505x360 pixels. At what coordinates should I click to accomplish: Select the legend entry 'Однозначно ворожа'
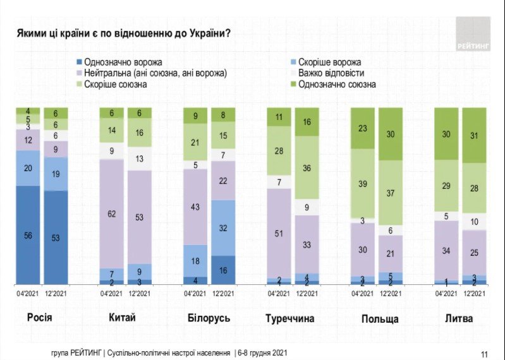pos(118,63)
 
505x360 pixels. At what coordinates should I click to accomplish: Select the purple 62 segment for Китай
pos(111,213)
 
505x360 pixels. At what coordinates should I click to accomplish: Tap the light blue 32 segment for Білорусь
pos(223,228)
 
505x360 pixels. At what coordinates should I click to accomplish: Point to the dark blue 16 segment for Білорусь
pos(223,270)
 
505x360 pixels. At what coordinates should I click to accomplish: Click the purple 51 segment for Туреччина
pos(279,232)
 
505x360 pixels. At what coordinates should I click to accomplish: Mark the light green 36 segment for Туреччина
pos(307,168)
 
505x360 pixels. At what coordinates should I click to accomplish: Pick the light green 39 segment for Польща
pos(362,184)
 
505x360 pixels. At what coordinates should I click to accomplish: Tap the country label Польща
pos(379,318)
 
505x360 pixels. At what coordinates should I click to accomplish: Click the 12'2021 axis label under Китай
pos(139,294)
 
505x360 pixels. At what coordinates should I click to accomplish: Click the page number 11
pos(484,353)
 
